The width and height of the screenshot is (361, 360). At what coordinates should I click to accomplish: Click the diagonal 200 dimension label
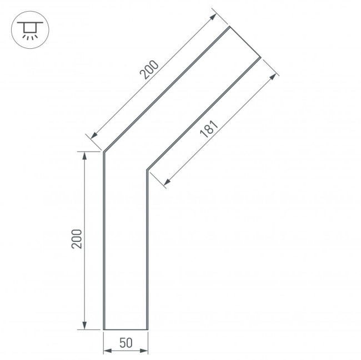149,69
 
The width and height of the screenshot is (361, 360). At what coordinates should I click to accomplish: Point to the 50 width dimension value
126,342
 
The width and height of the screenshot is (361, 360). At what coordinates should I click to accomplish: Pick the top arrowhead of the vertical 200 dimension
85,155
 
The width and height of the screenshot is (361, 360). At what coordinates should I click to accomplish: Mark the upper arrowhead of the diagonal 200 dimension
214,17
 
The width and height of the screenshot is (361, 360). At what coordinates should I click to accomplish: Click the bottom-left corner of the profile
104,329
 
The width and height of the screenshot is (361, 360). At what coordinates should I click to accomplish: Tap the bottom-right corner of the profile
147,329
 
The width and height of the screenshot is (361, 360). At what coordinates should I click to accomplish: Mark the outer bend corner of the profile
104,151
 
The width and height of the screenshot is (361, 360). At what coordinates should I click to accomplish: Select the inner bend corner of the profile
147,169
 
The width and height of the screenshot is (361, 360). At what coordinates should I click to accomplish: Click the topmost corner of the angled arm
229,27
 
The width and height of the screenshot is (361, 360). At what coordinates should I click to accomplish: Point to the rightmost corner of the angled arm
260,56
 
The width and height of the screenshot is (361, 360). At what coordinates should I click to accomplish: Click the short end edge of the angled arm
244,42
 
